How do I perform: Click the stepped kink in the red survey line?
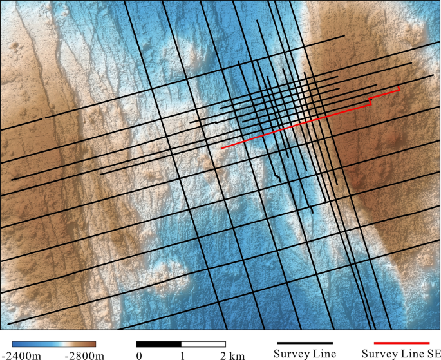pos(370,100)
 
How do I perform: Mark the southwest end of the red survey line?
pos(221,148)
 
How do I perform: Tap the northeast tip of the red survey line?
pos(399,87)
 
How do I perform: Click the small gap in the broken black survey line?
pos(44,118)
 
